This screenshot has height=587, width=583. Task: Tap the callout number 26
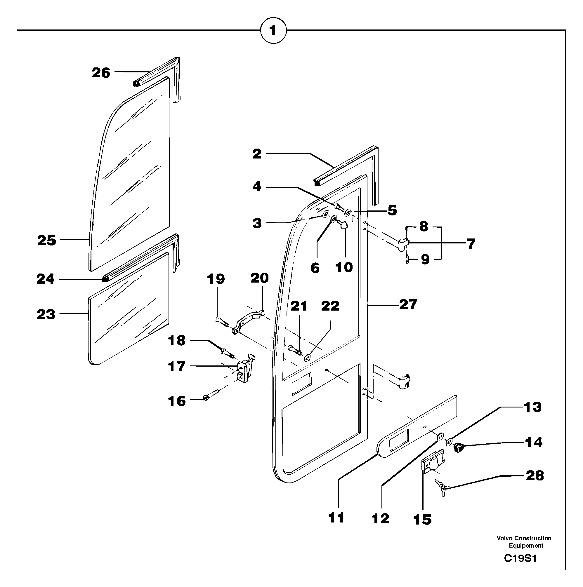101,73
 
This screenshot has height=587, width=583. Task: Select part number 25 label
47,240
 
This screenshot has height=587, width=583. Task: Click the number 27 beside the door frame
408,304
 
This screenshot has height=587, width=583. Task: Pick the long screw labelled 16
215,393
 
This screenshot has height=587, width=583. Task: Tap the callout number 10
344,267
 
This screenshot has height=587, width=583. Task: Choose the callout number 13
532,407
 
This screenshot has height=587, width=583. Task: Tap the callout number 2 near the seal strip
257,154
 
